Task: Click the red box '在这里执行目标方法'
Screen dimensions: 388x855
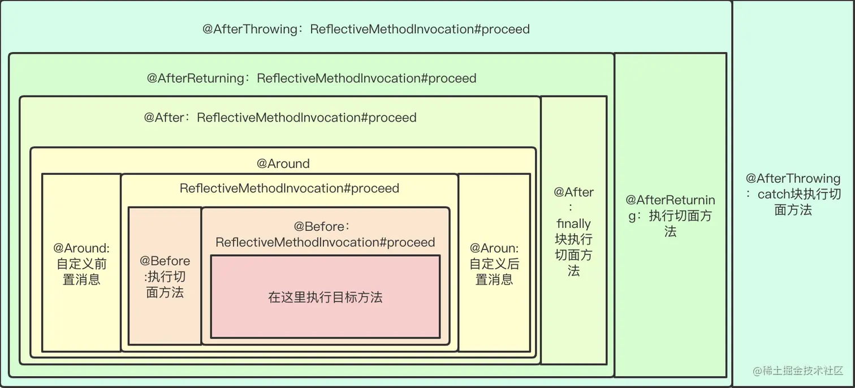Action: (325, 297)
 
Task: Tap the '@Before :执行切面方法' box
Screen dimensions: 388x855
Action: (165, 277)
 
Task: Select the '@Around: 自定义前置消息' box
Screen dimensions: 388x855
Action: (81, 264)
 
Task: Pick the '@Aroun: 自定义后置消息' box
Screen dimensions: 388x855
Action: (494, 264)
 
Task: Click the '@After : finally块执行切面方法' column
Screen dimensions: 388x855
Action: (573, 231)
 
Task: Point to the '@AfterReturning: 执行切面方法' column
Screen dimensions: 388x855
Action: (670, 215)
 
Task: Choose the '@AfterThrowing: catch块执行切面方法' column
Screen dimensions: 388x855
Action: (793, 194)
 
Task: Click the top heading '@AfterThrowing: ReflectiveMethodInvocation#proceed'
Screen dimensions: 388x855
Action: (366, 29)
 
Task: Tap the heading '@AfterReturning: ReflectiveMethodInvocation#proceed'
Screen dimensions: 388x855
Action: (312, 78)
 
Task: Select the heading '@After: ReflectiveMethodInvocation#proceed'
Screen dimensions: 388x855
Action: (280, 118)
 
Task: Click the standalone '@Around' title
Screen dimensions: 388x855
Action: (283, 163)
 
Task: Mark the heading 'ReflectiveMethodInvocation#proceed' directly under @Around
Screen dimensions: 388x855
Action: (290, 188)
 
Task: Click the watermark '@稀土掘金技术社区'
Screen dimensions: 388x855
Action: (798, 370)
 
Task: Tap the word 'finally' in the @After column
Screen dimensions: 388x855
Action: (573, 223)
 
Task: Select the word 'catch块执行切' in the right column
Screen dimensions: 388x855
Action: (799, 194)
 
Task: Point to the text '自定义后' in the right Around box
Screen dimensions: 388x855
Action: (494, 264)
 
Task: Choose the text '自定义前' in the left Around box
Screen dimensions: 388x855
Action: (81, 264)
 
